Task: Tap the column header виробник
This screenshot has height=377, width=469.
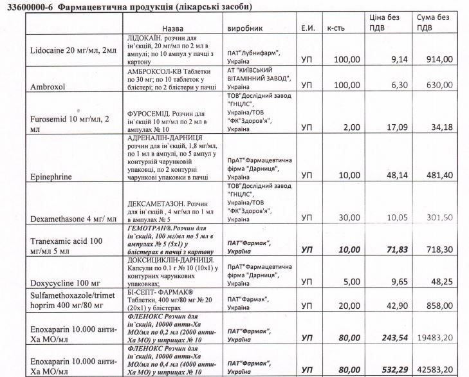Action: [x=247, y=29]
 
